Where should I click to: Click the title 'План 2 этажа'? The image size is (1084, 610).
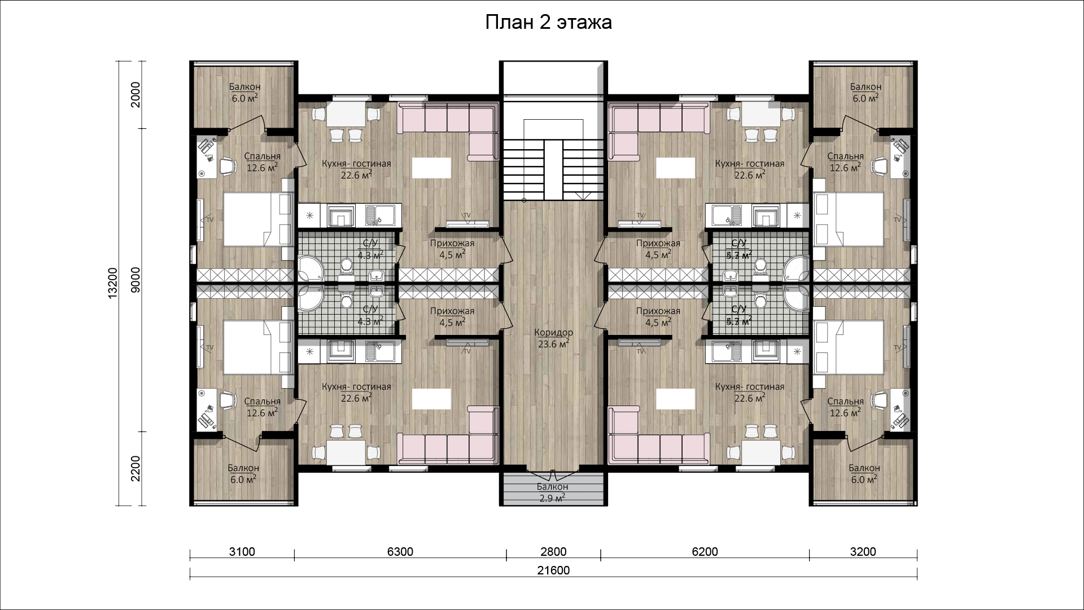click(x=548, y=23)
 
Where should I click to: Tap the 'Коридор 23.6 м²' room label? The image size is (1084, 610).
click(x=553, y=338)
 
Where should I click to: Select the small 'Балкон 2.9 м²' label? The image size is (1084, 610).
click(x=552, y=492)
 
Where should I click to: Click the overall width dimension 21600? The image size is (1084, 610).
click(x=553, y=570)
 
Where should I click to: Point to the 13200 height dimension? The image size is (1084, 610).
click(x=112, y=282)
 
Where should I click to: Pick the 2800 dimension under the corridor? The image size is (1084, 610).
click(x=553, y=552)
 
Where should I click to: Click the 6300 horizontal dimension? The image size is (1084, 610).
click(x=400, y=552)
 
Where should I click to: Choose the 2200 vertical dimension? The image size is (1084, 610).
click(x=135, y=468)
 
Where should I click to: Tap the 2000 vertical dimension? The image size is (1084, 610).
click(x=135, y=94)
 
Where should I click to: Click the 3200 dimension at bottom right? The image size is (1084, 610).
click(x=863, y=552)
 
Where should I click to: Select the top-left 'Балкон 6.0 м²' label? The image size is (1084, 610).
click(x=244, y=92)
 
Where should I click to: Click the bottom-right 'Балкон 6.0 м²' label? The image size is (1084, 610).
click(x=864, y=473)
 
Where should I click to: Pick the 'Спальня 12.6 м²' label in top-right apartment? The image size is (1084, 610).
click(x=845, y=162)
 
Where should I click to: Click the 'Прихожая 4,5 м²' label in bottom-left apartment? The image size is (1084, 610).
click(x=452, y=316)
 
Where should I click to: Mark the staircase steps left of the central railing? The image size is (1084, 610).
click(x=523, y=169)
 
